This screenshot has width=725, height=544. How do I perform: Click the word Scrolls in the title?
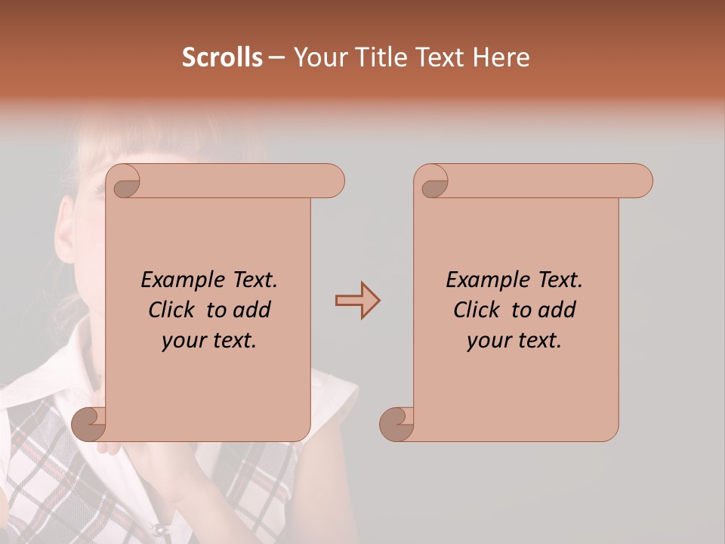pyautogui.click(x=222, y=57)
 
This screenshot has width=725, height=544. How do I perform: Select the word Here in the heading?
pyautogui.click(x=502, y=57)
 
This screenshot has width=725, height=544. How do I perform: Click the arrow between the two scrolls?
pyautogui.click(x=357, y=301)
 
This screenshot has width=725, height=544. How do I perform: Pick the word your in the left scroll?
pyautogui.click(x=184, y=341)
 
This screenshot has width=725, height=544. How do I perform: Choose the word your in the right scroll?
pyautogui.click(x=489, y=341)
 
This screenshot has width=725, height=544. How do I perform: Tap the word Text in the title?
pyautogui.click(x=441, y=57)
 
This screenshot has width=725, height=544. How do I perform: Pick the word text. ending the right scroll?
pyautogui.click(x=538, y=341)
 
